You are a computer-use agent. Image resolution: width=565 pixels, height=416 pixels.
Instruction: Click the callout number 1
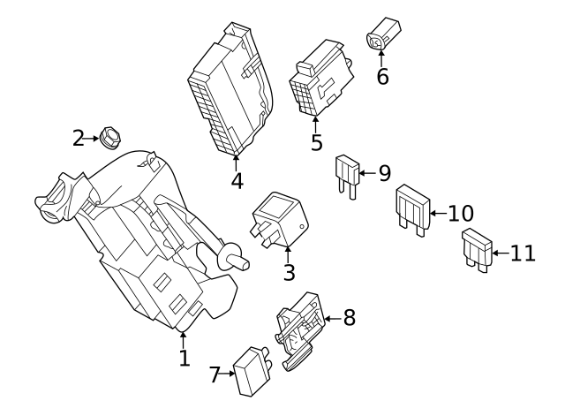[x=184, y=358]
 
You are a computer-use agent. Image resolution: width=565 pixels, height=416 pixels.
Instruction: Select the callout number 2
[x=79, y=138]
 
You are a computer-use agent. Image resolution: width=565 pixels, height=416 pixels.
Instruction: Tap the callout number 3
[x=289, y=273]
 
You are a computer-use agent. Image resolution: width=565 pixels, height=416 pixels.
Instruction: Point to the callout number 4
[x=237, y=181]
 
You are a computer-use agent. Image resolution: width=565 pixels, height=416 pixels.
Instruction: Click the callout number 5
[x=316, y=142]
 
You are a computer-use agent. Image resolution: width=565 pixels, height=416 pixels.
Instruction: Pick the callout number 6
[x=382, y=77]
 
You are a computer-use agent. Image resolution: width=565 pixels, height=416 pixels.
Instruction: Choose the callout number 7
[x=215, y=374]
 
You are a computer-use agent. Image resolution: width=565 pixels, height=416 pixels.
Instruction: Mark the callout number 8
[x=349, y=317]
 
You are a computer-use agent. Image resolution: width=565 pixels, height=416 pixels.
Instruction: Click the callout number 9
[x=384, y=173]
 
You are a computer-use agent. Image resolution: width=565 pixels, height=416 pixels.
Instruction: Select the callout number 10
[x=460, y=213]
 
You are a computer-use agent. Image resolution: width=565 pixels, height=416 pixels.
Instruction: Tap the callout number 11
[x=523, y=253]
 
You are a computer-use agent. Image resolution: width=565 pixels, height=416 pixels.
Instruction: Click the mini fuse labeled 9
[x=345, y=175]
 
